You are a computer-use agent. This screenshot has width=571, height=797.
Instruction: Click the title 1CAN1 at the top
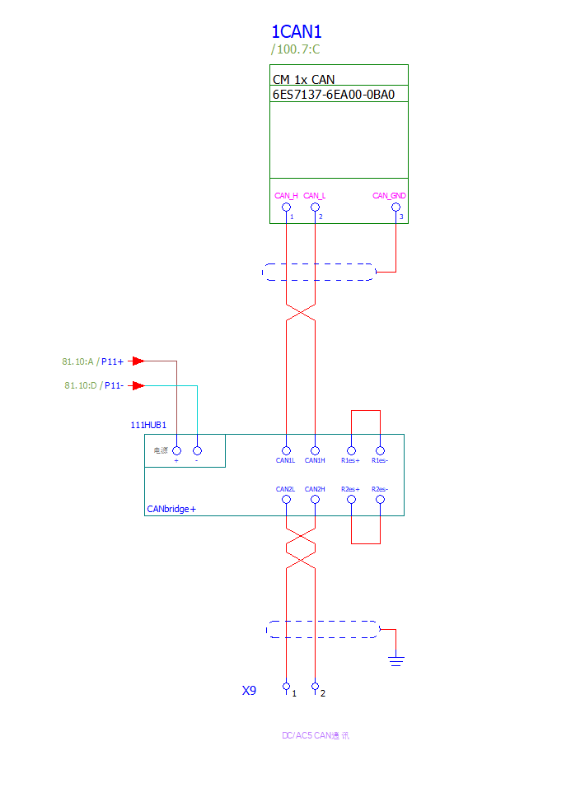coord(296,32)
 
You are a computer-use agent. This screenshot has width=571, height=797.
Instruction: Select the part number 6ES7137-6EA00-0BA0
coord(334,94)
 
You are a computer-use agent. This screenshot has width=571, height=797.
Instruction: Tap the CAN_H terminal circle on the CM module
coord(286,207)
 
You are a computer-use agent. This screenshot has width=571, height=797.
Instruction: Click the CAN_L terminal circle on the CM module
coord(315,207)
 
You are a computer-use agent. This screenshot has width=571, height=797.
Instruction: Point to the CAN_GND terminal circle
coord(396,207)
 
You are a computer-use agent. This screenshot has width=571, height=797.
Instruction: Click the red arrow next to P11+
coord(138,361)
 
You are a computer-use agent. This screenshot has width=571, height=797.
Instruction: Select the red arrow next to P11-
coord(138,385)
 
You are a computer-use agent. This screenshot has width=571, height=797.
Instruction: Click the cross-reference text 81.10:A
coord(79,361)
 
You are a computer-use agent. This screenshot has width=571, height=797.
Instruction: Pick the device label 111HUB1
coord(148,426)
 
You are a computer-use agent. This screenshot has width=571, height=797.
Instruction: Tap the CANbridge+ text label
coord(171,509)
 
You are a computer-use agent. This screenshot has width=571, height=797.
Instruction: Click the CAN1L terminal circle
coord(286,450)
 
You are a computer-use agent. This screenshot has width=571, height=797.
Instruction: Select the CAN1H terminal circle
coord(315,450)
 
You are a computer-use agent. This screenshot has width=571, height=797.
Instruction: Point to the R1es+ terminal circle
coord(352,450)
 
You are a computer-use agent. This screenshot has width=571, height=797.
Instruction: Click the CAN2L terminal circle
coord(286,499)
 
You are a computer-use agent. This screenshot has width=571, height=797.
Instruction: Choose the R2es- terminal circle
coord(380,499)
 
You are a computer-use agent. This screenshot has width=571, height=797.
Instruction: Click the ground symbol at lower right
coord(396,659)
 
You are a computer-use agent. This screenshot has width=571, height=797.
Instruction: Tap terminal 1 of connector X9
coord(286,686)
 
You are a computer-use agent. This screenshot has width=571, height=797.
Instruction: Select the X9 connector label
coord(249,691)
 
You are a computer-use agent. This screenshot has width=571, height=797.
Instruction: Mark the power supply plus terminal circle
coord(176,450)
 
